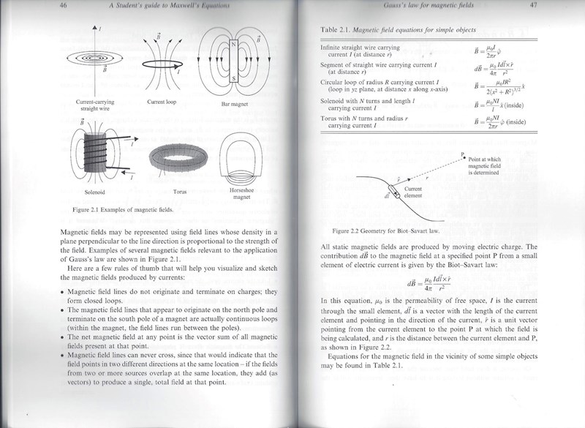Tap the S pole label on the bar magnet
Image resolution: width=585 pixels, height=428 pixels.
tap(230, 78)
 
